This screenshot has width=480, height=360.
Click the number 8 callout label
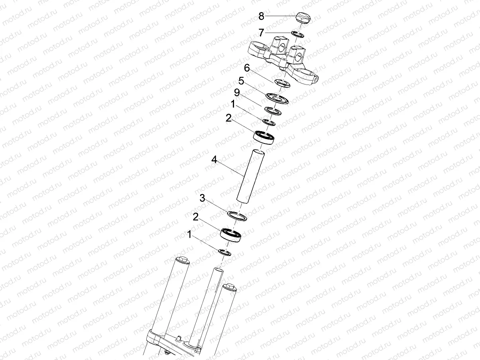[x=261, y=16]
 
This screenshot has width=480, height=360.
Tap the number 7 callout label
[x=261, y=31]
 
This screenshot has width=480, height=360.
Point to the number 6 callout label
[x=247, y=68]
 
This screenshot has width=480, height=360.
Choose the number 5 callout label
[x=241, y=81]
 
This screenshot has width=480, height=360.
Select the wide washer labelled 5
[x=277, y=98]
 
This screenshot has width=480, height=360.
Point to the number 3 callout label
[x=202, y=199]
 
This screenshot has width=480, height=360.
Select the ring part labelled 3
[x=237, y=216]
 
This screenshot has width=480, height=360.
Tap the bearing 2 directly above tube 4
[x=264, y=136]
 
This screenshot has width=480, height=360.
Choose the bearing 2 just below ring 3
[x=232, y=234]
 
